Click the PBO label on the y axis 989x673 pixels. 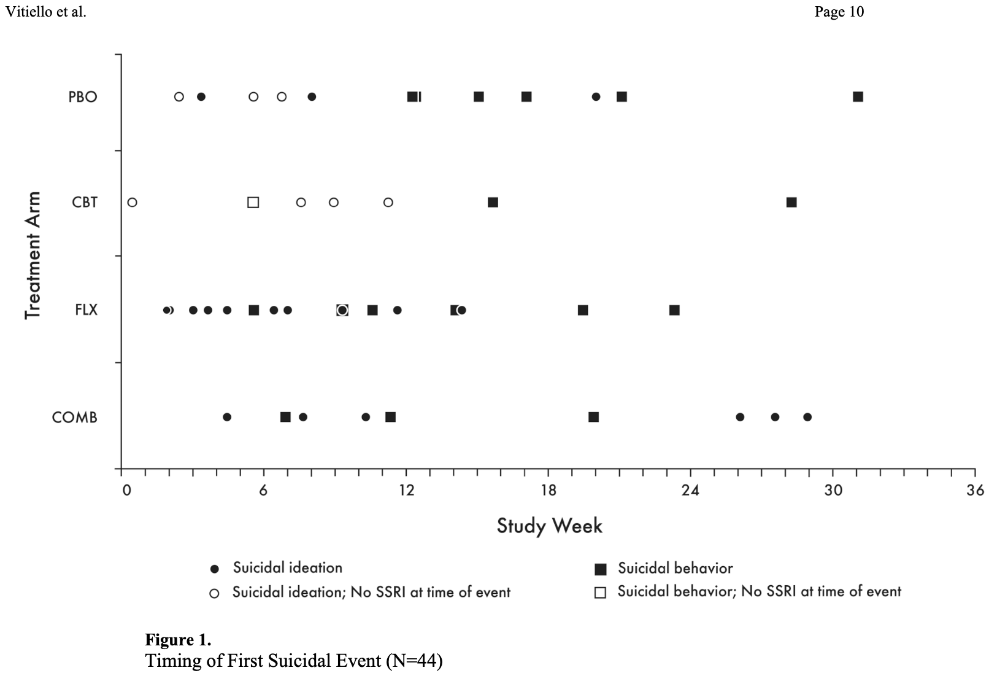pyautogui.click(x=83, y=97)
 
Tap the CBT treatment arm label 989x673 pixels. pyautogui.click(x=85, y=203)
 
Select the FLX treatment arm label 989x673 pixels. pyautogui.click(x=86, y=310)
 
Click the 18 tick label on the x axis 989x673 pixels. pyautogui.click(x=548, y=490)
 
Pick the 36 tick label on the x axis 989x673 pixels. pyautogui.click(x=975, y=490)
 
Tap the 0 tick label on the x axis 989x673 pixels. pyautogui.click(x=126, y=490)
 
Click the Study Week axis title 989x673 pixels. pyautogui.click(x=549, y=526)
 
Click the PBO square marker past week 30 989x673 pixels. pyautogui.click(x=858, y=97)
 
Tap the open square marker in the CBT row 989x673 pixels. pyautogui.click(x=253, y=203)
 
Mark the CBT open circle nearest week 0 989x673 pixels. pyautogui.click(x=132, y=203)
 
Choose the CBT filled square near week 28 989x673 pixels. pyautogui.click(x=791, y=203)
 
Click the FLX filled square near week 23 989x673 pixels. pyautogui.click(x=674, y=310)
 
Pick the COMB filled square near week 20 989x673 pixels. pyautogui.click(x=593, y=418)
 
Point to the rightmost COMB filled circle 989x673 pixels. pyautogui.click(x=807, y=418)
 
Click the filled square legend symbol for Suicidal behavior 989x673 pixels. pyautogui.click(x=601, y=569)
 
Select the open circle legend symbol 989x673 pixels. pyautogui.click(x=214, y=593)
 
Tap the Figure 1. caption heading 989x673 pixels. pyautogui.click(x=178, y=640)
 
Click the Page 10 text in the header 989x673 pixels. pyautogui.click(x=839, y=12)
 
